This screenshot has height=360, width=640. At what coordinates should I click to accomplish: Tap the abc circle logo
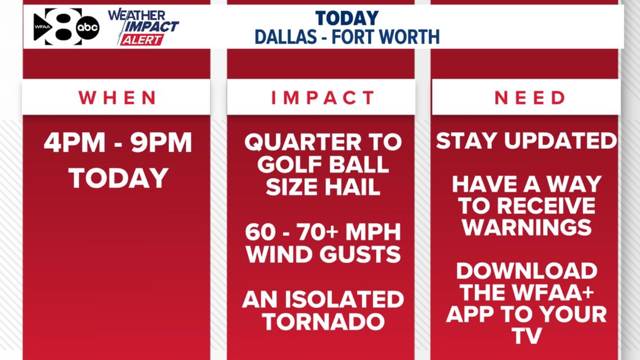coord(88,27)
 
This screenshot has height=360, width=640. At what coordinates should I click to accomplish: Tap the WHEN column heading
coord(117,98)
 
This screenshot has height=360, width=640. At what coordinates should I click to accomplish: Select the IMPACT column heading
coord(323,98)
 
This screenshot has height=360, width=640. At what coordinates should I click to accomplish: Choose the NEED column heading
coord(530,98)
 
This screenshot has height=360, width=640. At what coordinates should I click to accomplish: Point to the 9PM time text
coord(162,143)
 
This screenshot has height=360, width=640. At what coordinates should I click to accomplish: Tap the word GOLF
coord(295,164)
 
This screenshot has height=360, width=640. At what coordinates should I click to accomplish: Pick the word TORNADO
coord(323,322)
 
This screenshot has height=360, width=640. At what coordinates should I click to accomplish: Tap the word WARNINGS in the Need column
coord(527,227)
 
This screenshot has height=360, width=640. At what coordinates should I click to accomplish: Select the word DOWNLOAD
coord(526,271)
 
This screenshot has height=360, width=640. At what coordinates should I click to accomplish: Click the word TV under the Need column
coord(526,336)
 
